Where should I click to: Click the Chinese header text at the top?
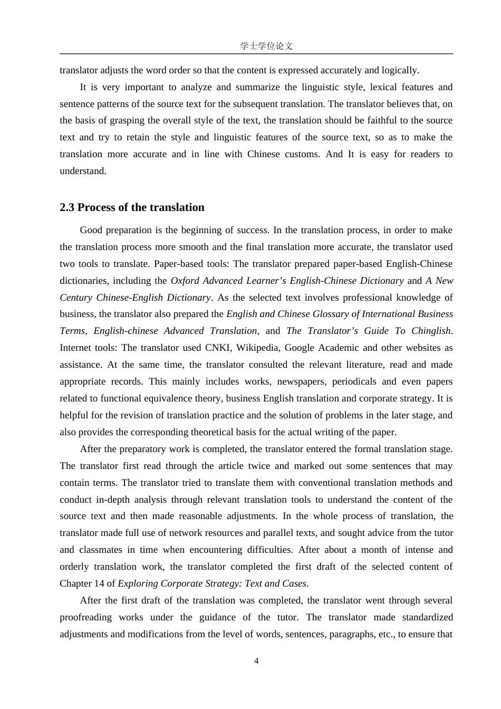click(x=266, y=46)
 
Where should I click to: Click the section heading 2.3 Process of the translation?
click(x=132, y=207)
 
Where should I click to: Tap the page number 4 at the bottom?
click(x=256, y=661)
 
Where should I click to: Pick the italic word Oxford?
click(x=185, y=281)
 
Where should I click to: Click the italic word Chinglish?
click(x=430, y=331)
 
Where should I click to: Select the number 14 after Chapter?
click(x=99, y=583)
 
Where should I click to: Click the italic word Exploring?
click(x=139, y=583)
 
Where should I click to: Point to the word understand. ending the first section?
click(x=83, y=171)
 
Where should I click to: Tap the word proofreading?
click(x=85, y=617)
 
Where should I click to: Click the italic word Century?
click(x=75, y=298)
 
